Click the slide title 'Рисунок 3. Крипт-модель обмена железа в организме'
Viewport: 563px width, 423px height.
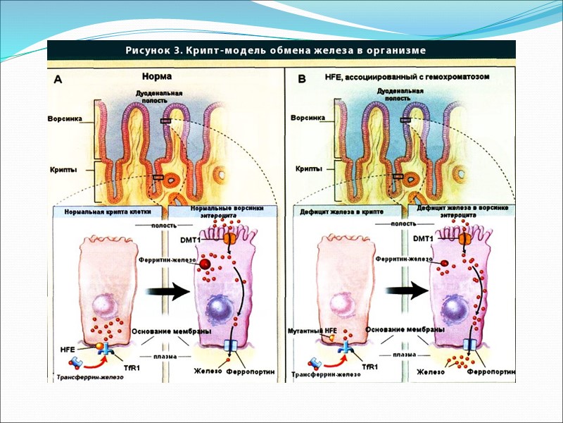click(275, 51)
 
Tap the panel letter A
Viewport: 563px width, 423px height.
click(58, 80)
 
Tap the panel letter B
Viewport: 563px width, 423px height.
click(302, 80)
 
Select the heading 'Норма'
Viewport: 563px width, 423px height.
click(156, 78)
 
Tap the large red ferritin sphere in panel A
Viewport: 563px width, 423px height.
click(205, 264)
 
